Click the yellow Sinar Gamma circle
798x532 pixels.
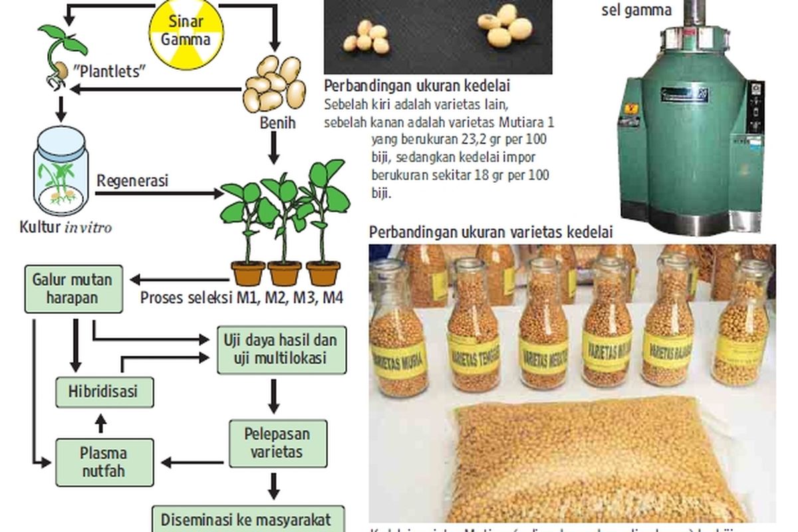[x=186, y=31]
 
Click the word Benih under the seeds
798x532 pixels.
[x=276, y=123]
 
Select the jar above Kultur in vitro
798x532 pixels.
[x=61, y=172]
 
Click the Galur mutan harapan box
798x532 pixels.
[x=72, y=289]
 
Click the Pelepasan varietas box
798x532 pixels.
[x=277, y=444]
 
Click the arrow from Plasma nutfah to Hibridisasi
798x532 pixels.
[x=101, y=423]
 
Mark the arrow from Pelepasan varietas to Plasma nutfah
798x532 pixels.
[x=193, y=462]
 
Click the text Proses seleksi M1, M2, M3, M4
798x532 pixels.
[x=241, y=298]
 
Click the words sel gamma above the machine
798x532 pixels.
[x=636, y=10]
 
